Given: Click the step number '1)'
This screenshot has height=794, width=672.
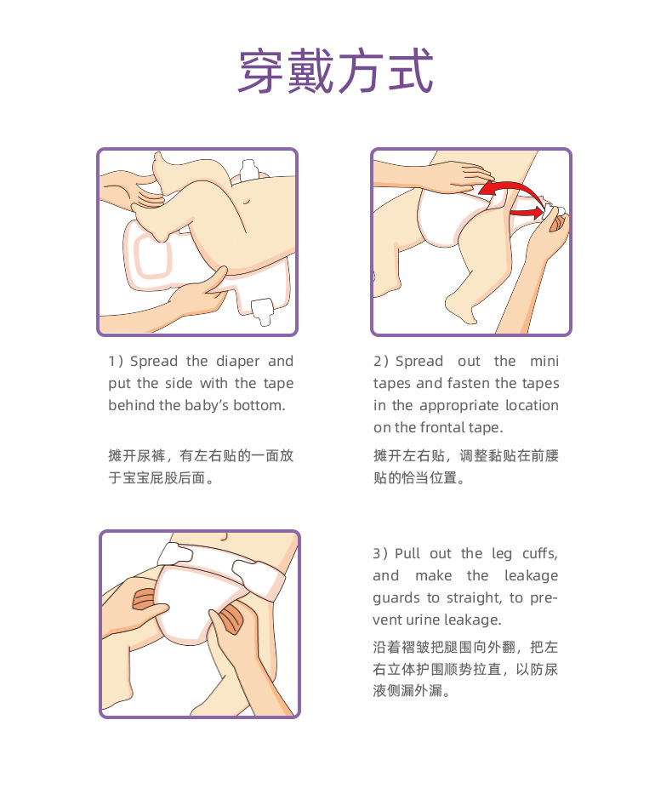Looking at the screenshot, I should pyautogui.click(x=117, y=362).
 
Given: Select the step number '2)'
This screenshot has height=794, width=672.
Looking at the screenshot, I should pyautogui.click(x=382, y=362).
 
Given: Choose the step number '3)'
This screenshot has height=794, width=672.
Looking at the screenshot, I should pyautogui.click(x=381, y=554).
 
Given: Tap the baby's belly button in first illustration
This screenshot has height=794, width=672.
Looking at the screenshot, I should pyautogui.click(x=247, y=202).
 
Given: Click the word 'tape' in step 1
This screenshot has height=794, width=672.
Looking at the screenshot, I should pyautogui.click(x=278, y=384).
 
